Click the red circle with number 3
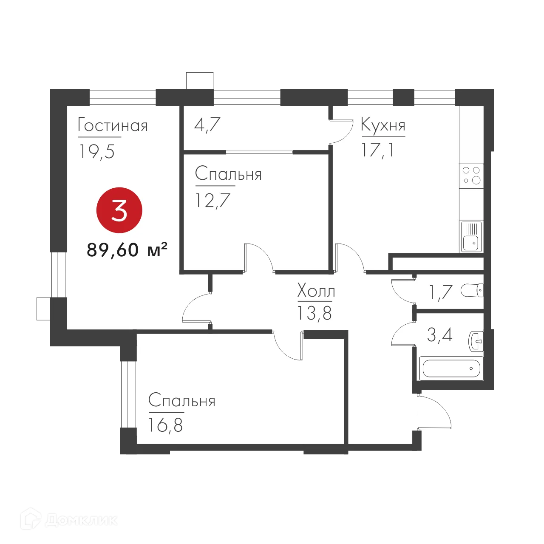(x=119, y=210)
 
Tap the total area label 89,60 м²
(x=127, y=250)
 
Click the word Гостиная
(x=113, y=126)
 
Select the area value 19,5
(x=97, y=152)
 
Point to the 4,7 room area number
(x=207, y=125)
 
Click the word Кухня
(x=383, y=125)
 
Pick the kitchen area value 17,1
(x=377, y=150)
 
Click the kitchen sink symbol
(x=471, y=236)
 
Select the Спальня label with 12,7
(x=228, y=174)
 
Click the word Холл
(x=316, y=291)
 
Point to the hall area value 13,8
(x=314, y=314)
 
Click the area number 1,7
(x=440, y=292)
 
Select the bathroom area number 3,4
(x=439, y=335)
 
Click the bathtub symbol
(x=451, y=368)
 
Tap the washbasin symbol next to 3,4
(x=476, y=341)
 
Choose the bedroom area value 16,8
(x=165, y=425)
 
